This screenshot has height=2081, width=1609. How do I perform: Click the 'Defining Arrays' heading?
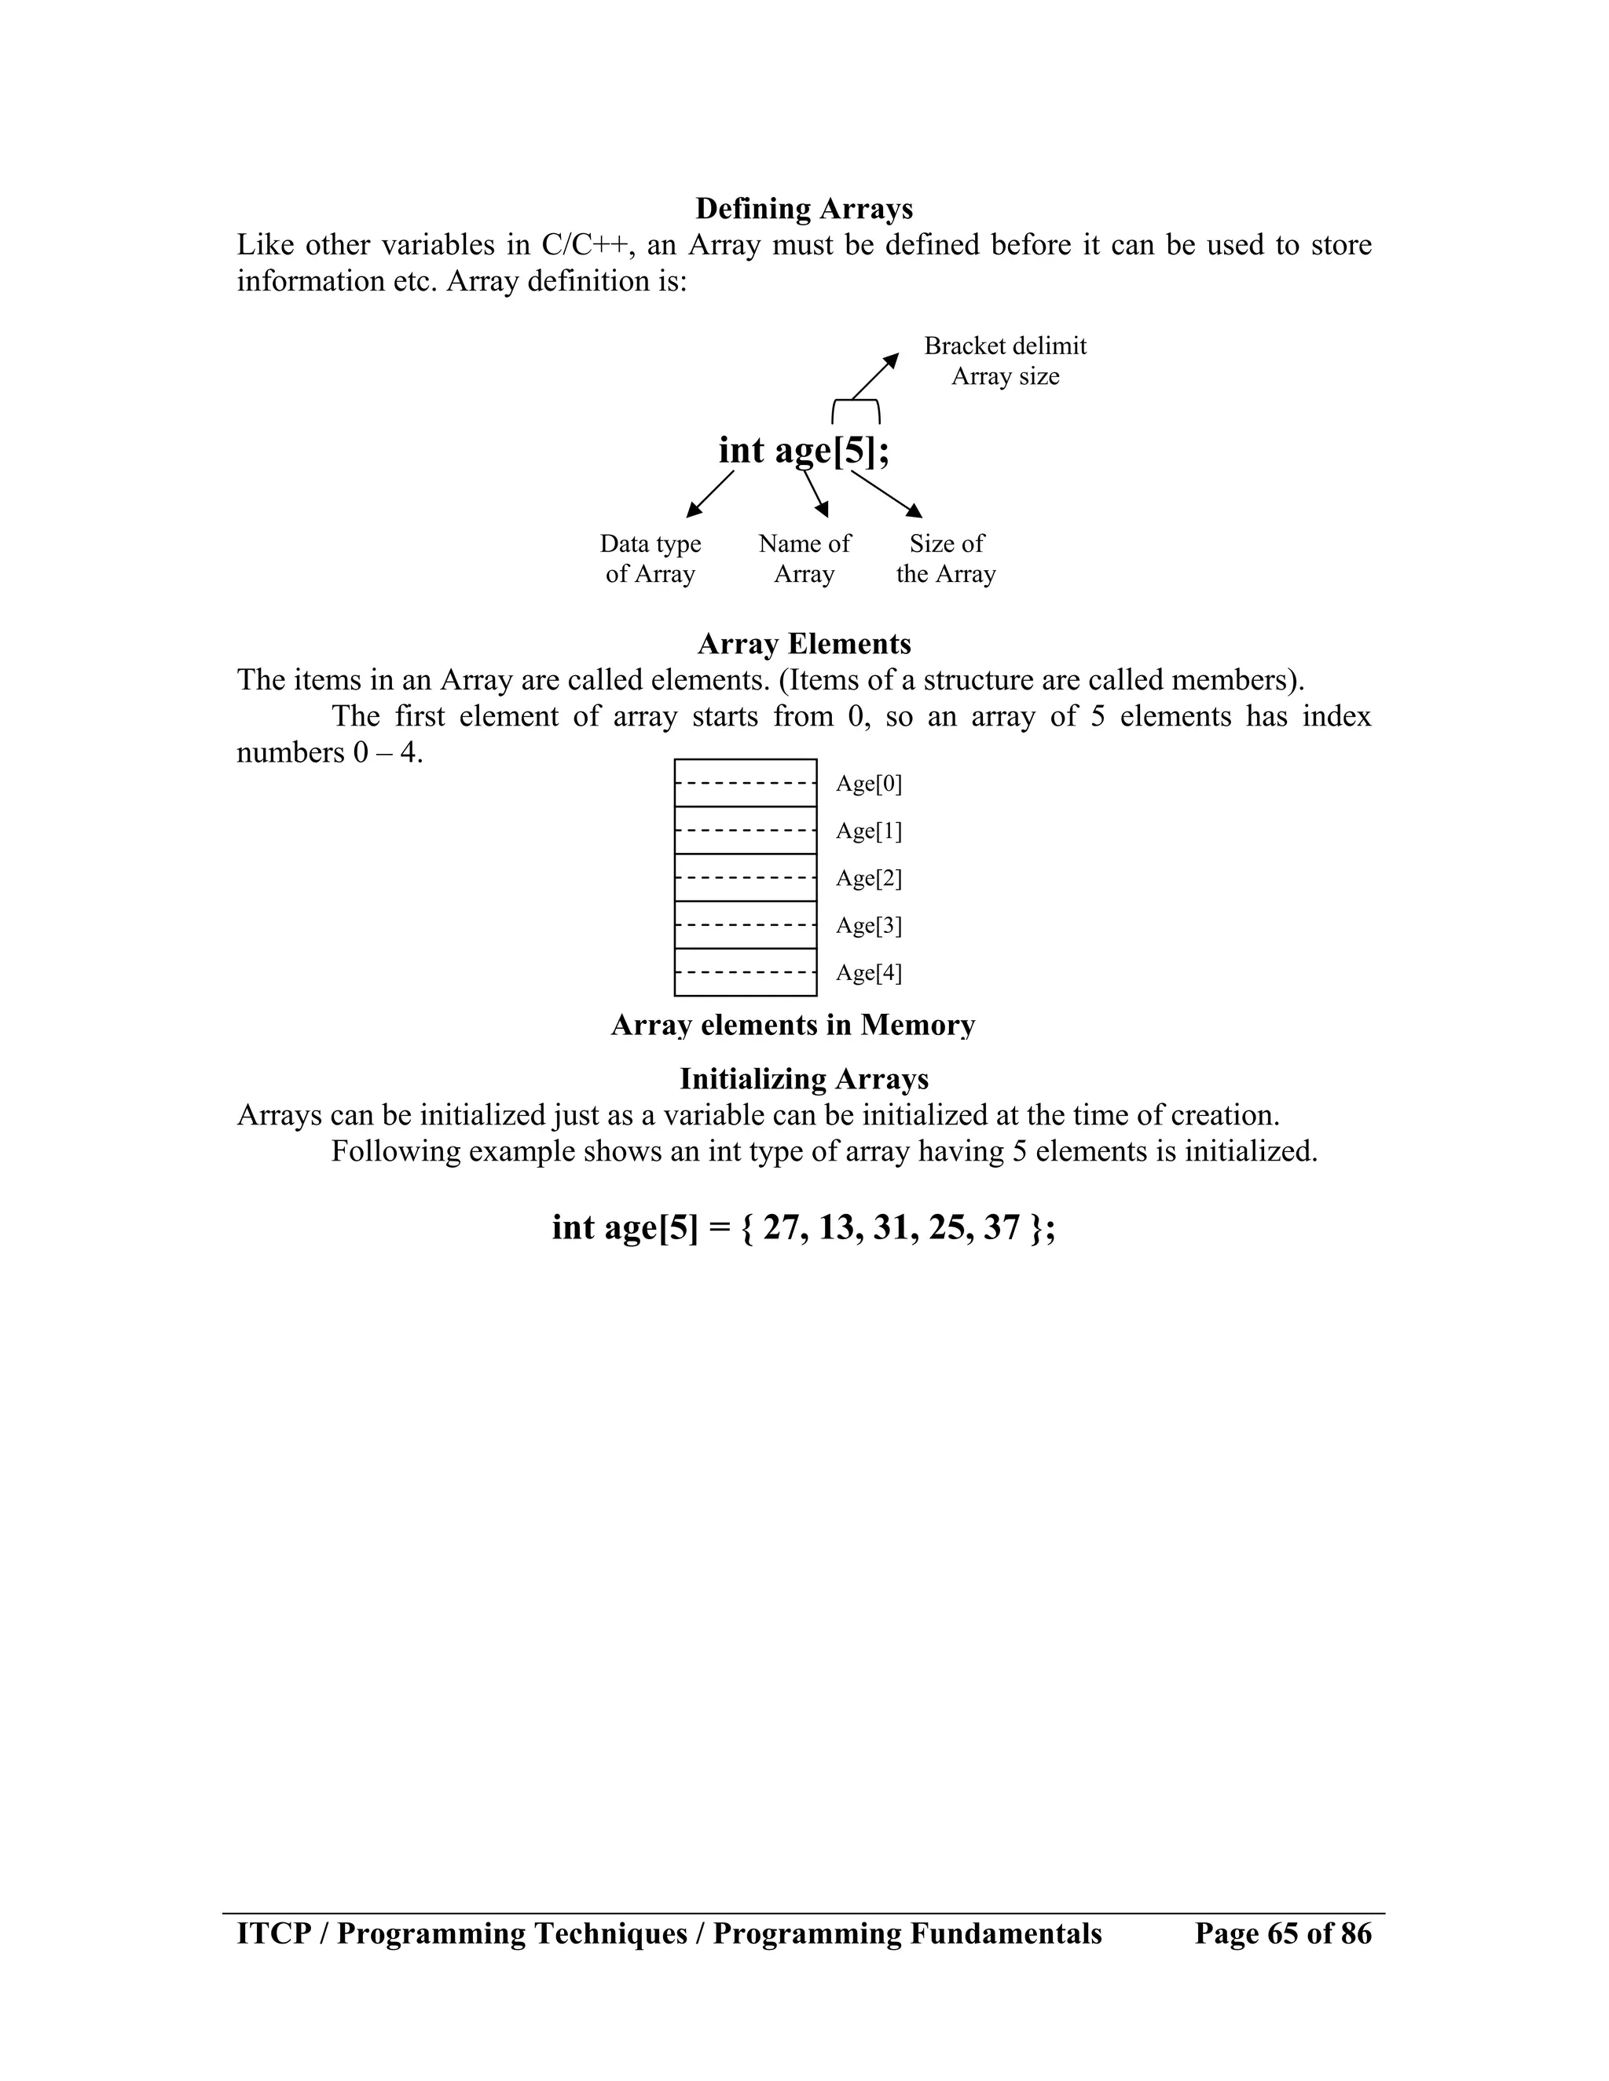(x=804, y=209)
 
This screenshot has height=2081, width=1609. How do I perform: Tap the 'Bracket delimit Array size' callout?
(x=1005, y=361)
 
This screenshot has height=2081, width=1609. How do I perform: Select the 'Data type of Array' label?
(x=650, y=558)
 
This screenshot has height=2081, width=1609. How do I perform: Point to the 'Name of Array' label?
(x=804, y=558)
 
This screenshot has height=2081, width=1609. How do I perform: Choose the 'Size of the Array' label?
(x=946, y=558)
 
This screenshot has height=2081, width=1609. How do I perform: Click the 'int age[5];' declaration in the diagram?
(x=804, y=451)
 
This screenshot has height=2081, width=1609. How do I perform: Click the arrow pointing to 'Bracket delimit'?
(x=875, y=375)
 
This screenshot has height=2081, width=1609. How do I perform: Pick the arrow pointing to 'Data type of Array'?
(x=710, y=494)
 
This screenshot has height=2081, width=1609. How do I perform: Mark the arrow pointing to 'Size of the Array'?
(x=886, y=494)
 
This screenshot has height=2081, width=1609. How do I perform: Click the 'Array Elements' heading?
(x=804, y=644)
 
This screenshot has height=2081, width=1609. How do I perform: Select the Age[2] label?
(x=868, y=879)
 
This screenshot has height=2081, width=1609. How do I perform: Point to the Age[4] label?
(x=868, y=973)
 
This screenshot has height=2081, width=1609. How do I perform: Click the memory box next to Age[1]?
(x=746, y=830)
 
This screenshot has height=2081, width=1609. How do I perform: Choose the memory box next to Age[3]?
(x=746, y=924)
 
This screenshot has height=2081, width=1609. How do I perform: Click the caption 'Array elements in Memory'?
(x=792, y=1026)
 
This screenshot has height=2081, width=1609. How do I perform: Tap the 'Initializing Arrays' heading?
(x=804, y=1080)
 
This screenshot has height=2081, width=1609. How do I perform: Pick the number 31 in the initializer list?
(x=893, y=1227)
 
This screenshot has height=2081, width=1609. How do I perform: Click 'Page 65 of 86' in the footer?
(x=1283, y=1933)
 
